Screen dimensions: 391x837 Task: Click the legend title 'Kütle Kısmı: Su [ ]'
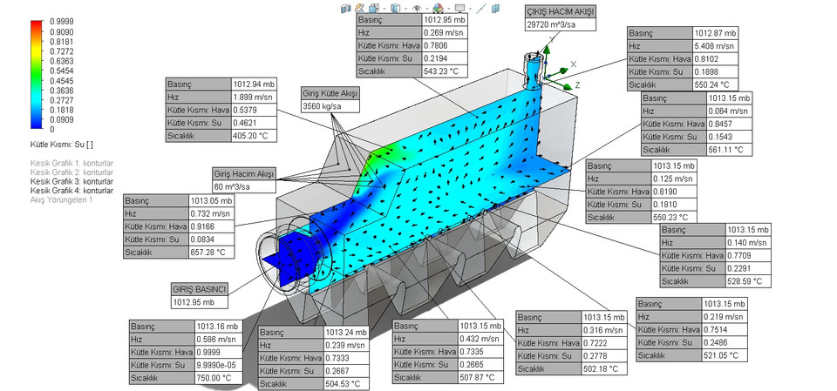pyautogui.click(x=61, y=143)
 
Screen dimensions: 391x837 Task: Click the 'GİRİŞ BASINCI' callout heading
pyautogui.click(x=200, y=289)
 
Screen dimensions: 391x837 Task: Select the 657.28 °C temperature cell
pyautogui.click(x=209, y=253)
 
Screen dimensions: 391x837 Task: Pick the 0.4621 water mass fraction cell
pyautogui.click(x=255, y=123)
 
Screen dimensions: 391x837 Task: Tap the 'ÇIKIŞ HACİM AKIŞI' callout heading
pyautogui.click(x=558, y=10)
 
